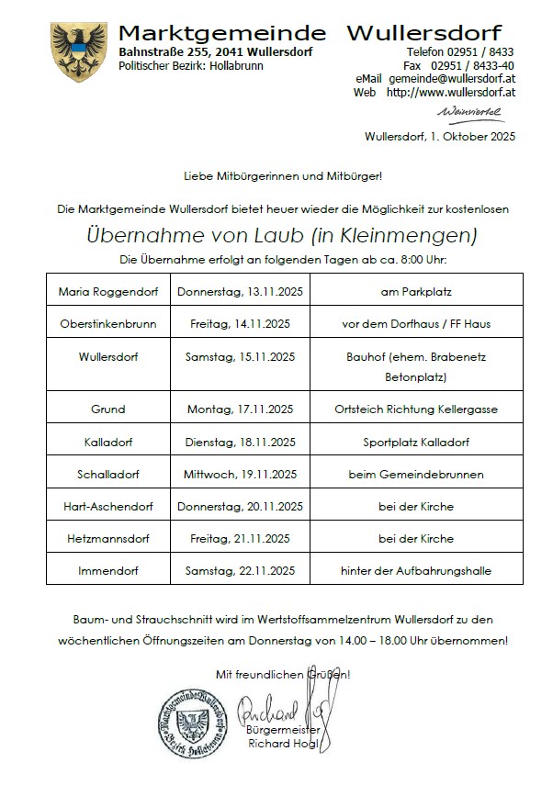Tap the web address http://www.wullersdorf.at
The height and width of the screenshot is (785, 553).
coord(450,93)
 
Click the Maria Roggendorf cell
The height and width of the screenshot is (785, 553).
coord(108,292)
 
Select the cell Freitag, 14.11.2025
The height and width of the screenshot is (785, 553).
coord(240,323)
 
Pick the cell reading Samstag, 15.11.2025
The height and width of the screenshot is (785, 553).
coord(240,355)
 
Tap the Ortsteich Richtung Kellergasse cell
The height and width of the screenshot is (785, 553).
coord(416,409)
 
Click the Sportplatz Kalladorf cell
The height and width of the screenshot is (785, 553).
coord(416,442)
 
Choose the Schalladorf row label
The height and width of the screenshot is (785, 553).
coord(108,474)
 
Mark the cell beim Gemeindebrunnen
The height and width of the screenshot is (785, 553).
coord(416,474)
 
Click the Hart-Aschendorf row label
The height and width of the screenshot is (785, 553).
coord(108,506)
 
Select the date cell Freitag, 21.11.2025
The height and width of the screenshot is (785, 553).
coord(240,538)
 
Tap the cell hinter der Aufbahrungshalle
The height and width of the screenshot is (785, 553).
coord(416,570)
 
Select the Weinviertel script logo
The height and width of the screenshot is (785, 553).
coord(470,112)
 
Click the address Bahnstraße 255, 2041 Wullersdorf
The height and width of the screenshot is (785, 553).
coord(215,52)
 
